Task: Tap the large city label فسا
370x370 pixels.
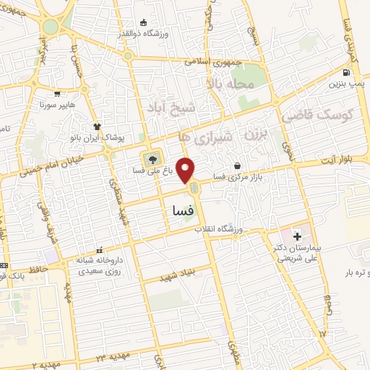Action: pos(178,210)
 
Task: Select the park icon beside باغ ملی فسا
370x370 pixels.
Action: pos(152,159)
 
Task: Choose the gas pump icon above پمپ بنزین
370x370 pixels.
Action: pos(348,72)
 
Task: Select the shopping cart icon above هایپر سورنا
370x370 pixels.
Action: pos(57,93)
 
